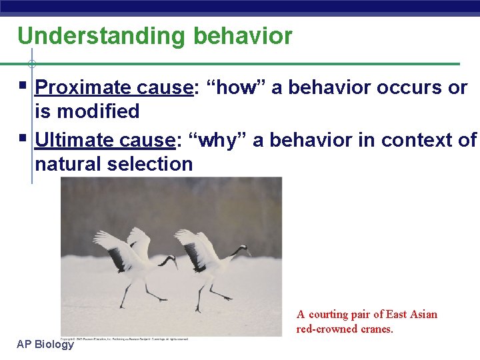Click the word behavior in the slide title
pos(243,36)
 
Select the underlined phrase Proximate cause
pos(113,87)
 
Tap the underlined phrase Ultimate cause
pos(105,140)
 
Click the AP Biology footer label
pos(45,344)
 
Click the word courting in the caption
pos(330,314)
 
